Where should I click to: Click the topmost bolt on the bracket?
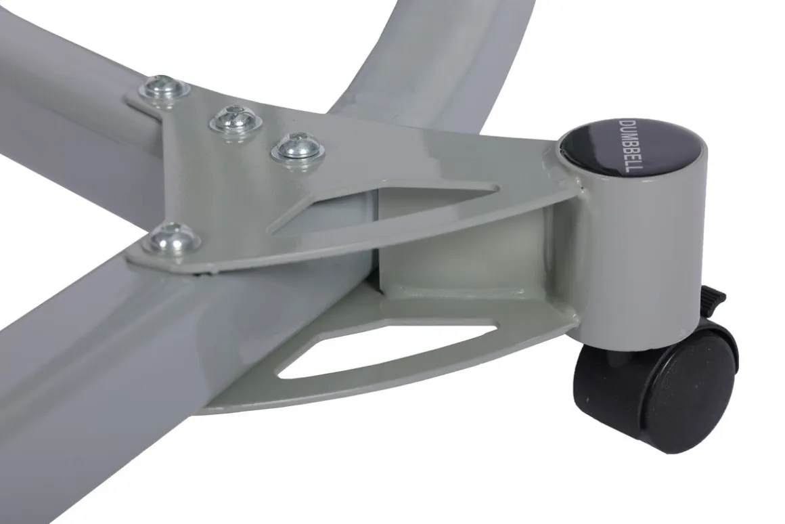coord(164,89)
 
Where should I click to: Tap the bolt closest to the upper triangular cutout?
coord(297,146)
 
